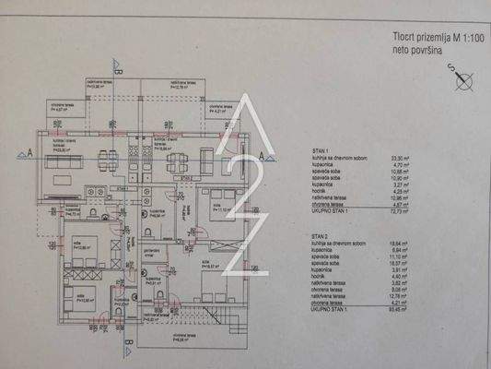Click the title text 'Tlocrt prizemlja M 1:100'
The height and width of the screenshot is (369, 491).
click(427, 40)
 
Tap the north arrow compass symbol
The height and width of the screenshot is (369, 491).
click(462, 81)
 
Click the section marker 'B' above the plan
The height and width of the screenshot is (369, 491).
click(117, 65)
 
